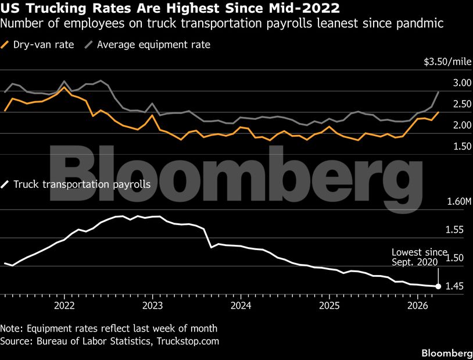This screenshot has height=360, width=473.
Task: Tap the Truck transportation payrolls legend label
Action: click(82, 184)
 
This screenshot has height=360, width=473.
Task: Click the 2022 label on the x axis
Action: click(64, 305)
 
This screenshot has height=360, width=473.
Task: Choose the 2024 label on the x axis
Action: click(241, 305)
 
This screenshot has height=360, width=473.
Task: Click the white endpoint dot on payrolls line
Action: click(438, 286)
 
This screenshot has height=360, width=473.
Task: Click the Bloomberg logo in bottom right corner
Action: click(446, 353)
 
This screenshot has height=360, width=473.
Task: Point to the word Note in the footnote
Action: click(12, 328)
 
